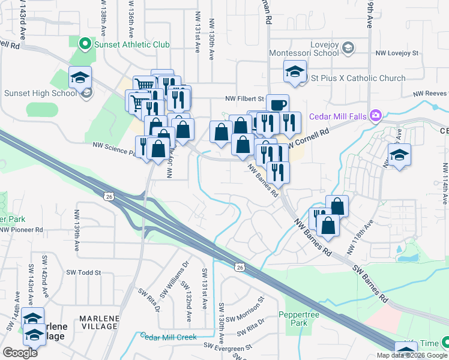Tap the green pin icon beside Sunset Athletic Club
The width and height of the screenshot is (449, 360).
tap(85, 44)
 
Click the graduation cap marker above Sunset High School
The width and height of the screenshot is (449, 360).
tap(80, 77)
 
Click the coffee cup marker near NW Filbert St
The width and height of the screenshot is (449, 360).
tap(277, 104)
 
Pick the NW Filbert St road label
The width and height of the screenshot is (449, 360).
tap(245, 98)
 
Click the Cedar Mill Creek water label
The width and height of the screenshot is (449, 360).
tap(169, 337)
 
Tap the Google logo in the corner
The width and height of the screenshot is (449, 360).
tap(20, 353)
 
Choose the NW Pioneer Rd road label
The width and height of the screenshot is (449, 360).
tap(22, 229)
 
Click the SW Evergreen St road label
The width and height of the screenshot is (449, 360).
tap(228, 346)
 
